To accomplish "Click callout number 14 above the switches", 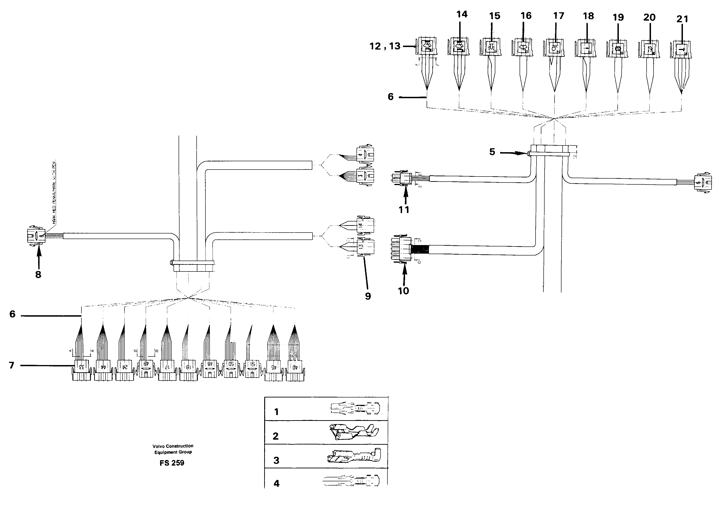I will [x=462, y=14].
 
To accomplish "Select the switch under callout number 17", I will [x=554, y=48].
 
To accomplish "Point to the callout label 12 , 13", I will [x=385, y=46].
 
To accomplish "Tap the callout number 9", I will [x=368, y=296].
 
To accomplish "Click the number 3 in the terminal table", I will [x=276, y=460].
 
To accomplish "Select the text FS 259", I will [x=172, y=463].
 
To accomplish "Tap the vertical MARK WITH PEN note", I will [x=54, y=192].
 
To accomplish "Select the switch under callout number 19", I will [x=617, y=49].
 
